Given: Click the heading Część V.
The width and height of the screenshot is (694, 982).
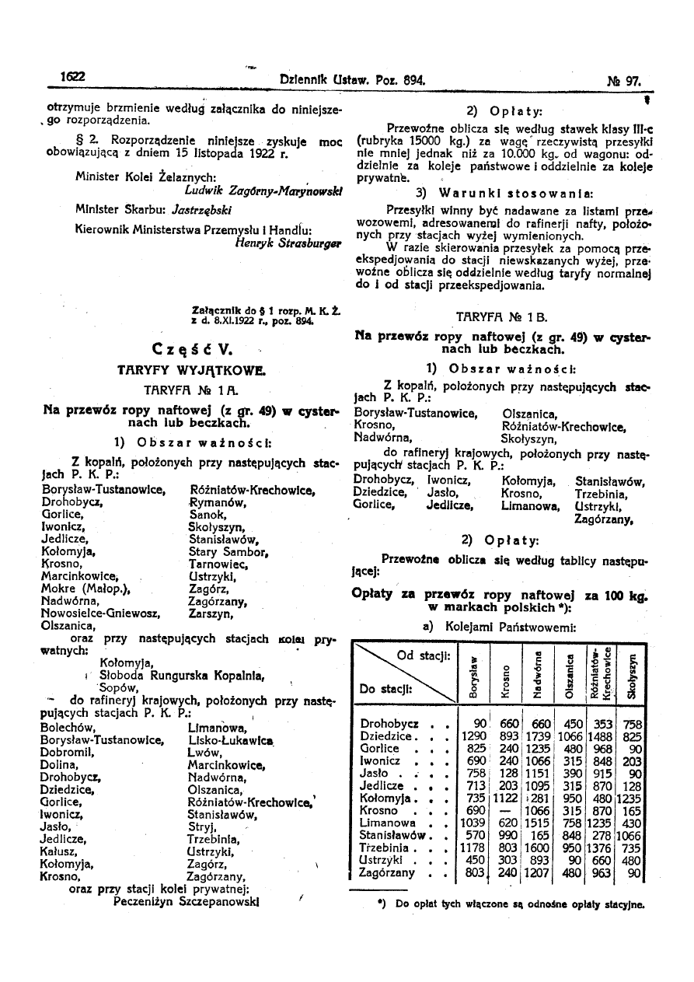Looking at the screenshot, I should tap(189, 347).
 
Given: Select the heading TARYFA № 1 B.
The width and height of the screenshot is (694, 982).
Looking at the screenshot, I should tap(500, 316).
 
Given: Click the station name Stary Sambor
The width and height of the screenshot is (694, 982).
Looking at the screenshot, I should tap(228, 552).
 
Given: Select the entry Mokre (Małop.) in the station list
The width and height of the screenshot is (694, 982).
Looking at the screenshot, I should tap(85, 589).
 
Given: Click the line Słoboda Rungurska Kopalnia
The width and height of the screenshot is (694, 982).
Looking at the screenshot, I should tap(166, 675).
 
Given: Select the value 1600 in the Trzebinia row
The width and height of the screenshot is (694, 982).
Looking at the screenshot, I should tap(538, 847).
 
